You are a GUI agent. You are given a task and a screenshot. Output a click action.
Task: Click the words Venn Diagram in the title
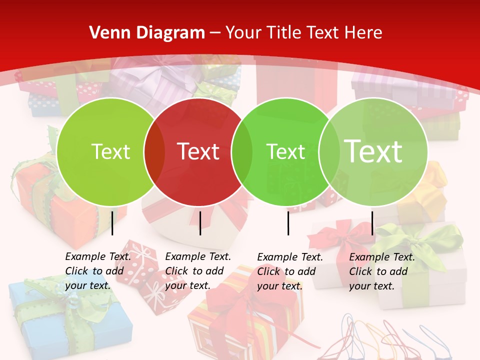(x=147, y=33)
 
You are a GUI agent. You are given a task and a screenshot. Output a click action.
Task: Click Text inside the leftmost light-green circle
(x=110, y=151)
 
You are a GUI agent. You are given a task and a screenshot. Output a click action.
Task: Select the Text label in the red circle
(x=198, y=151)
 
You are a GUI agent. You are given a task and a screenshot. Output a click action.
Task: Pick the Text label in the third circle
(x=285, y=151)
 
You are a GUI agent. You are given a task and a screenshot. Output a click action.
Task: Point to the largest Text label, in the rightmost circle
(x=373, y=151)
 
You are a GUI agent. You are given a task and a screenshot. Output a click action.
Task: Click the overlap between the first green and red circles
(x=154, y=151)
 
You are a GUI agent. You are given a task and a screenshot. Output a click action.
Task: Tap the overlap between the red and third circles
(x=242, y=151)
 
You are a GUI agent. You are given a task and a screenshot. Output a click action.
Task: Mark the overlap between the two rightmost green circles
(x=329, y=151)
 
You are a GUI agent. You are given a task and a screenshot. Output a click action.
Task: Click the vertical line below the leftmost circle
(x=112, y=223)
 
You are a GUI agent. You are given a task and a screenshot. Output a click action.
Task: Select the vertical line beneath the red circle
(x=200, y=223)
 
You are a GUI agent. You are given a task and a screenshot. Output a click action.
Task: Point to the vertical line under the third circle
(x=288, y=223)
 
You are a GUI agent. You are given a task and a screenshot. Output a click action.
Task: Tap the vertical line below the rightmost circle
(x=372, y=223)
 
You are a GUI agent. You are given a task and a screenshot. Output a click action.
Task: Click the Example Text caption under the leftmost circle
(x=98, y=271)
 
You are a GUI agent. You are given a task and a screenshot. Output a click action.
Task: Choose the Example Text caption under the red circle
(x=198, y=271)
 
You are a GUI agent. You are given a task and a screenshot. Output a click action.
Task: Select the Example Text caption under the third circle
(x=290, y=271)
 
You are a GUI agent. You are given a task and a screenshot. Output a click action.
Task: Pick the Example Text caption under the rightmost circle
(x=382, y=271)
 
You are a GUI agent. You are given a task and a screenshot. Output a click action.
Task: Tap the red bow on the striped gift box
(x=235, y=300)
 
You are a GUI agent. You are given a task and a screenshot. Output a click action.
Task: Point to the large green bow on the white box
(x=420, y=240)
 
